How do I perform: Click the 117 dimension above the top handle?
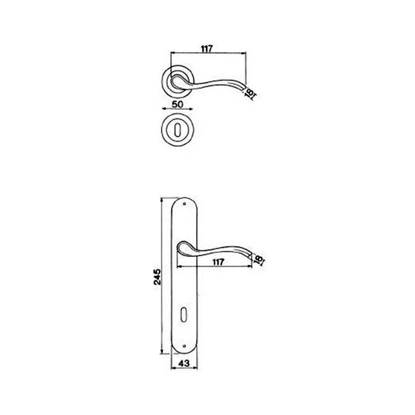[x=207, y=49]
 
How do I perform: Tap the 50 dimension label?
[x=177, y=104]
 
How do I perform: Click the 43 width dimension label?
[x=184, y=363]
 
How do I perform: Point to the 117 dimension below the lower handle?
[x=217, y=262]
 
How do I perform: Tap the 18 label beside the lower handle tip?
[x=258, y=260]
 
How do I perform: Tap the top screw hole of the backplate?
[x=184, y=204]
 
